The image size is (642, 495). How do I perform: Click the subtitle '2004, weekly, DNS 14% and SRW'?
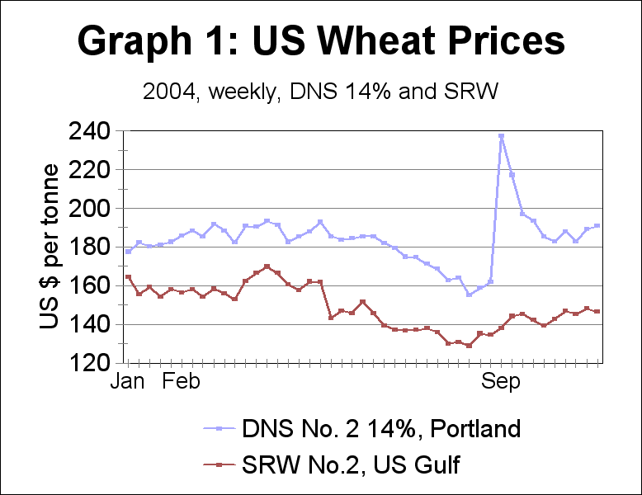tap(321, 91)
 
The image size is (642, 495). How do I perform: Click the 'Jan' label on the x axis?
tap(127, 382)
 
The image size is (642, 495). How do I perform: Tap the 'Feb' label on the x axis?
tap(181, 382)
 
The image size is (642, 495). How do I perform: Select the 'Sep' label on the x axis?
tap(500, 382)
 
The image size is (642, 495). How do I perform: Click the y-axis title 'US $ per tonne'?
tap(50, 247)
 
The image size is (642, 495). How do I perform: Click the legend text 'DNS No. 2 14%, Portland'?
tap(381, 429)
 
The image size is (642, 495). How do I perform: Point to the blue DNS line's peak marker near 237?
tap(501, 135)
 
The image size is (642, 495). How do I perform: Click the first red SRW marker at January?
tap(128, 277)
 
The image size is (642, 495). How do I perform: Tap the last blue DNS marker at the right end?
tap(597, 225)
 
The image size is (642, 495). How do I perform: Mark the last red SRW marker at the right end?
tap(597, 311)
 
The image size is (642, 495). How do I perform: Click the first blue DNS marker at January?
tap(128, 251)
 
